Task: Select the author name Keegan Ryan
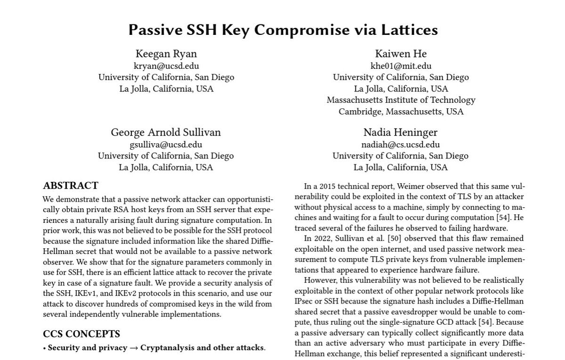click(166, 54)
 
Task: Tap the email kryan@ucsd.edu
click(166, 66)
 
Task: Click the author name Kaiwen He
click(401, 54)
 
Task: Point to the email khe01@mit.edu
click(401, 66)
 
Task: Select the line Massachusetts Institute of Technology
click(401, 100)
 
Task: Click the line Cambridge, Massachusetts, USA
click(401, 112)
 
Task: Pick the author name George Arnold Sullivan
click(166, 132)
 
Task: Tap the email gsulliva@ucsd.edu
click(166, 145)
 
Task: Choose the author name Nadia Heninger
click(400, 132)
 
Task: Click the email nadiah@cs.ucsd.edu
click(400, 145)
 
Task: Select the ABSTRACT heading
click(71, 186)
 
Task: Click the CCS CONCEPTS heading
click(81, 334)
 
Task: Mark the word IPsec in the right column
click(305, 301)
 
